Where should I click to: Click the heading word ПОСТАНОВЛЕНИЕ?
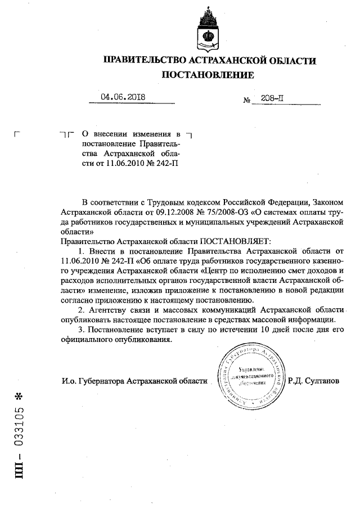point(208,74)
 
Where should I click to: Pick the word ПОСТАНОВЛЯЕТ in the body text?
point(231,241)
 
